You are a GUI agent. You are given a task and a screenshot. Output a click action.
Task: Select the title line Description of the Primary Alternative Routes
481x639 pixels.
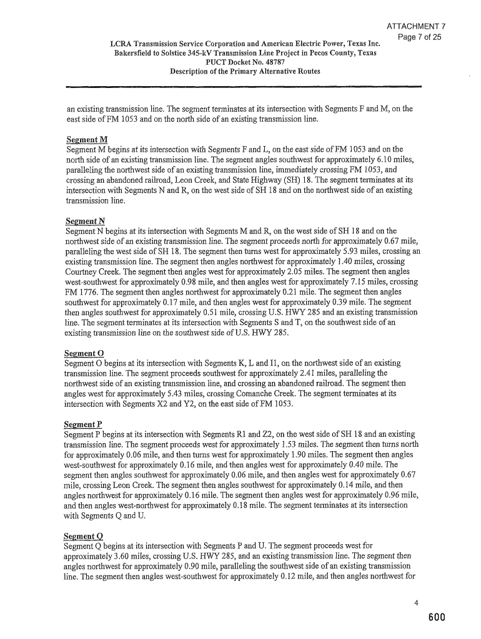(245, 71)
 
